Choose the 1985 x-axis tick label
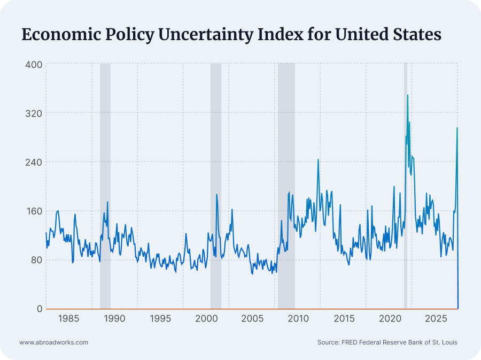pyautogui.click(x=69, y=319)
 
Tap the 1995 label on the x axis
pyautogui.click(x=160, y=319)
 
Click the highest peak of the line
pyautogui.click(x=408, y=95)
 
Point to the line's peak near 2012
pyautogui.click(x=318, y=159)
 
